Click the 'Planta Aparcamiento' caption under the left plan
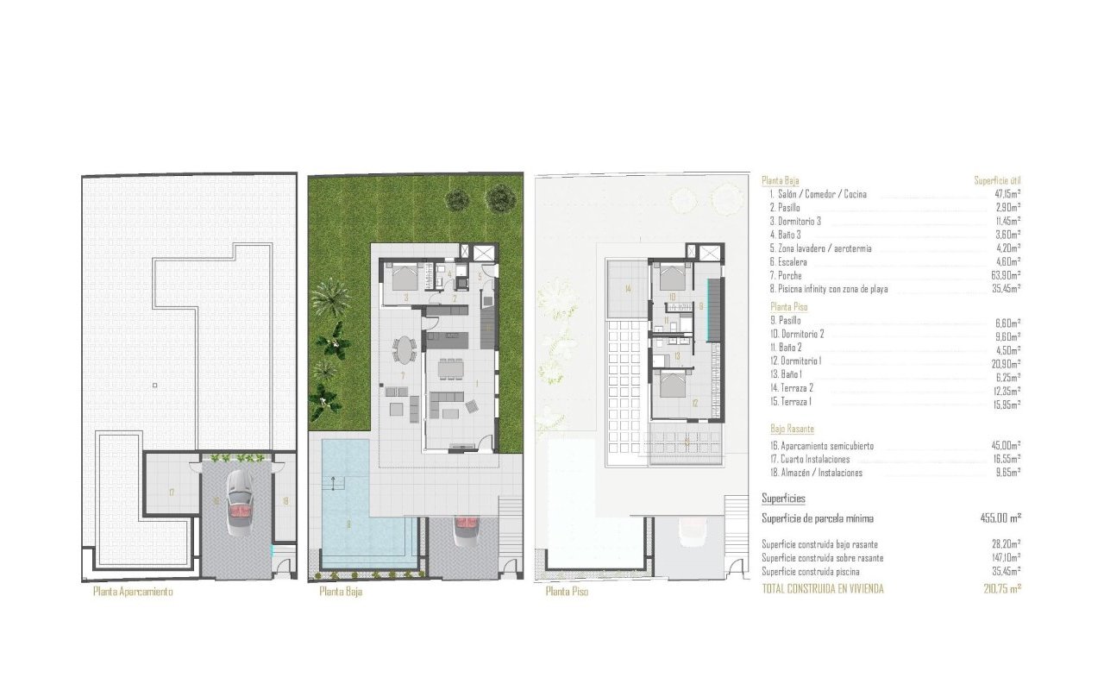132,593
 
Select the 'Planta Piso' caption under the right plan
567,593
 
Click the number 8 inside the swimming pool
348,523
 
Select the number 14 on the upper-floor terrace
628,289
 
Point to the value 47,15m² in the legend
1007,195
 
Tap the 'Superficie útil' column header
997,181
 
